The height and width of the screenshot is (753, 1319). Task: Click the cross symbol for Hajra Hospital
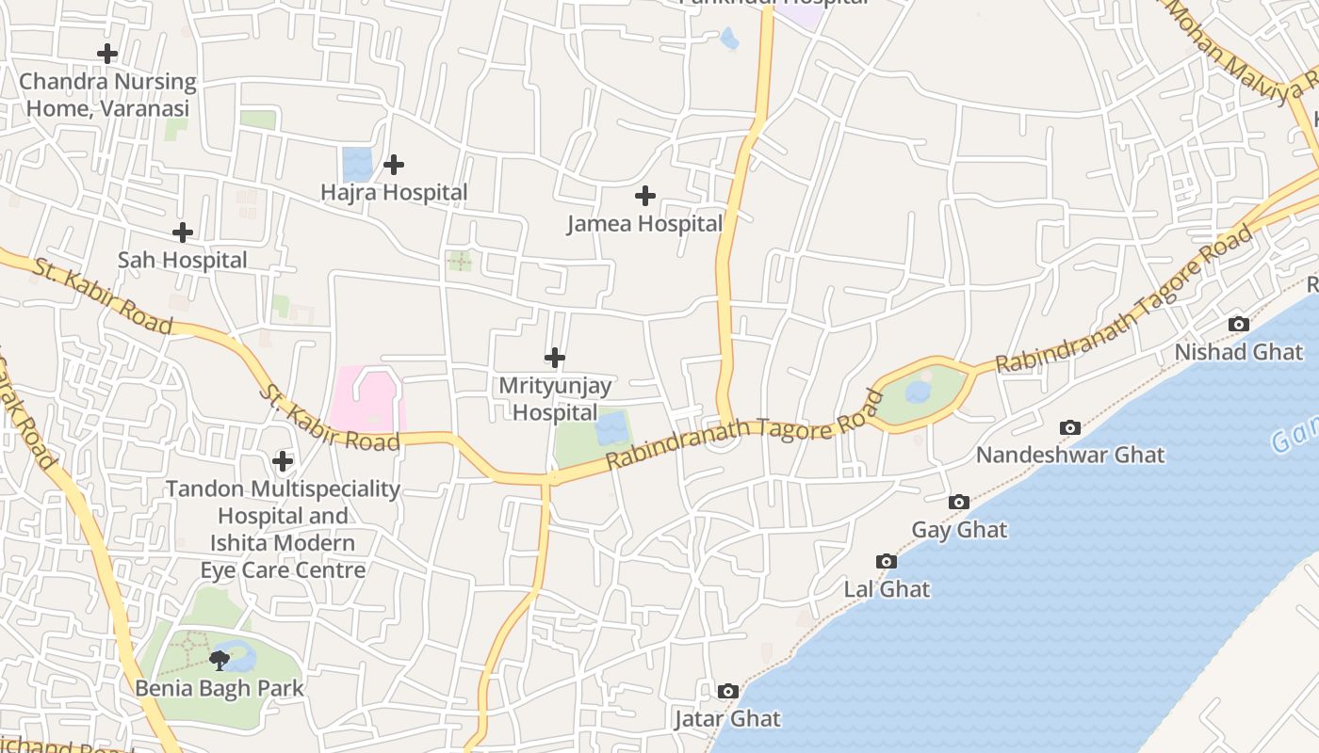pos(394,165)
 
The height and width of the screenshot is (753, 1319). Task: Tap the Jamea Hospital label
pos(644,224)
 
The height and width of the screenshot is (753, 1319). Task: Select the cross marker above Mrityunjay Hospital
pos(555,358)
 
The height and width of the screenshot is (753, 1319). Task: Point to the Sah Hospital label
pos(183,260)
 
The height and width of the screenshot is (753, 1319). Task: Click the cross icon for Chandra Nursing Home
pos(107,54)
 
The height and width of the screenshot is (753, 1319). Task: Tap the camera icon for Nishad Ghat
pos(1239,325)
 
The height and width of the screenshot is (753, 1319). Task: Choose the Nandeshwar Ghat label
pos(1070,456)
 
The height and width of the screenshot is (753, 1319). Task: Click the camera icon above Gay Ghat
pos(959,503)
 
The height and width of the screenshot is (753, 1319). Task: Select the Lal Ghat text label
pos(887,589)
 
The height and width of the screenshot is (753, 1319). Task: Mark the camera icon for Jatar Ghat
pos(727,692)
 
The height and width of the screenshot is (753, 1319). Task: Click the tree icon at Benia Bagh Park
pos(220,660)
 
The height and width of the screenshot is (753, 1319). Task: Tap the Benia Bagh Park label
pos(220,688)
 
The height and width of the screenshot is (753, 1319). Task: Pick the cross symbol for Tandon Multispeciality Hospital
pos(282,461)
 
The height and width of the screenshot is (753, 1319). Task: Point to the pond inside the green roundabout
pos(919,392)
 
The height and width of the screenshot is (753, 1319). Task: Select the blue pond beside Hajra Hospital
pos(357,164)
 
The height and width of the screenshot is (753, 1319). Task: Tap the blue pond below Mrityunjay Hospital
pos(612,428)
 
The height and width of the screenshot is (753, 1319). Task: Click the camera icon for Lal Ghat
pos(886,562)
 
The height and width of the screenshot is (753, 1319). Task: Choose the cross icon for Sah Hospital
pos(183,232)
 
